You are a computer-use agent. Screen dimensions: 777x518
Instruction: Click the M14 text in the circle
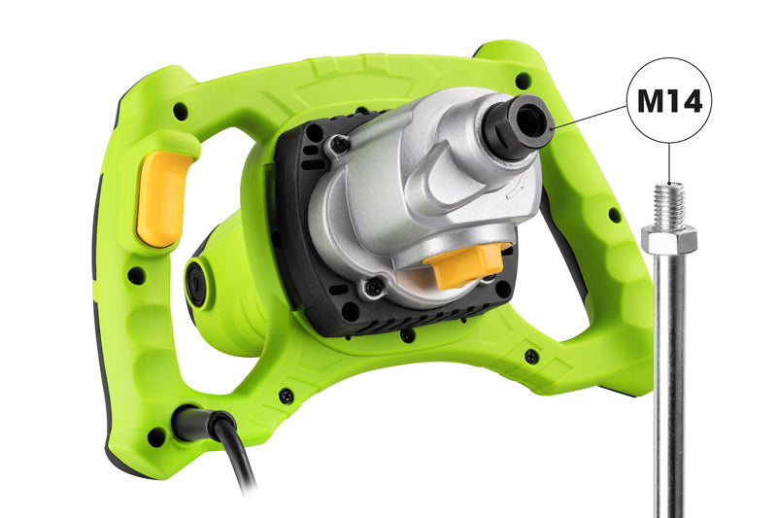tap(669, 101)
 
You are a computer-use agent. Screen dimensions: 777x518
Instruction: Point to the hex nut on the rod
tap(669, 237)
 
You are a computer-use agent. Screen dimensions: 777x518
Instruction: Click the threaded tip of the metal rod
tap(669, 204)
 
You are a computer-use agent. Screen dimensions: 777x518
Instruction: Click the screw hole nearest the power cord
tap(156, 436)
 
